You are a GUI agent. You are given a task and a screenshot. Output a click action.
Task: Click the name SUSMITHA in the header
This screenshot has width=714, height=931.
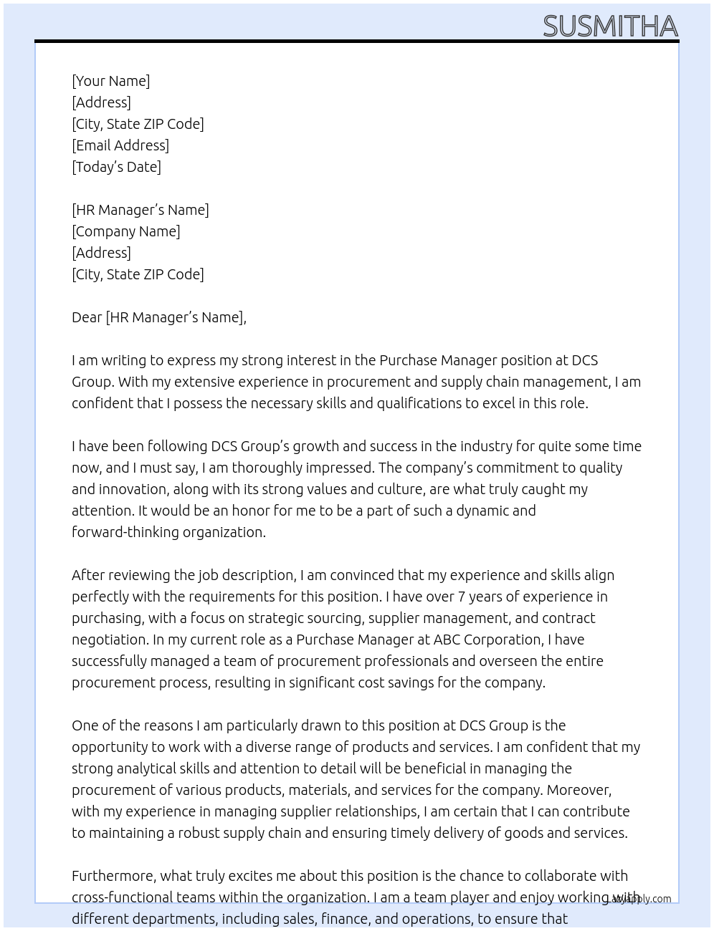pos(610,26)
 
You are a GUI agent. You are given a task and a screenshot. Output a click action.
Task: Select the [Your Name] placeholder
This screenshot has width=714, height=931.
pos(110,81)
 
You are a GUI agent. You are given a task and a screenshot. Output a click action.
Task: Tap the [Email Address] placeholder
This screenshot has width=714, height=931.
pos(120,145)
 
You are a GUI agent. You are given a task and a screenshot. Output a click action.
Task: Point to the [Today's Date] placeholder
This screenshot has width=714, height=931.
pos(116,167)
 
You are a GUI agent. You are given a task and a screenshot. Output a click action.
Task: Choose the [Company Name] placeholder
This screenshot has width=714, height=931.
pos(126,231)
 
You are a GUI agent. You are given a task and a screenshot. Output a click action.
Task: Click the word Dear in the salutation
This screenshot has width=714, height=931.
pos(87,317)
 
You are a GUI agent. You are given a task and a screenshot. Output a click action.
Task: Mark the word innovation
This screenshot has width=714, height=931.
pos(130,489)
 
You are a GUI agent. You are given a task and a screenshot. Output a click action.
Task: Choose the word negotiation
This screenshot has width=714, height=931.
pos(108,640)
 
